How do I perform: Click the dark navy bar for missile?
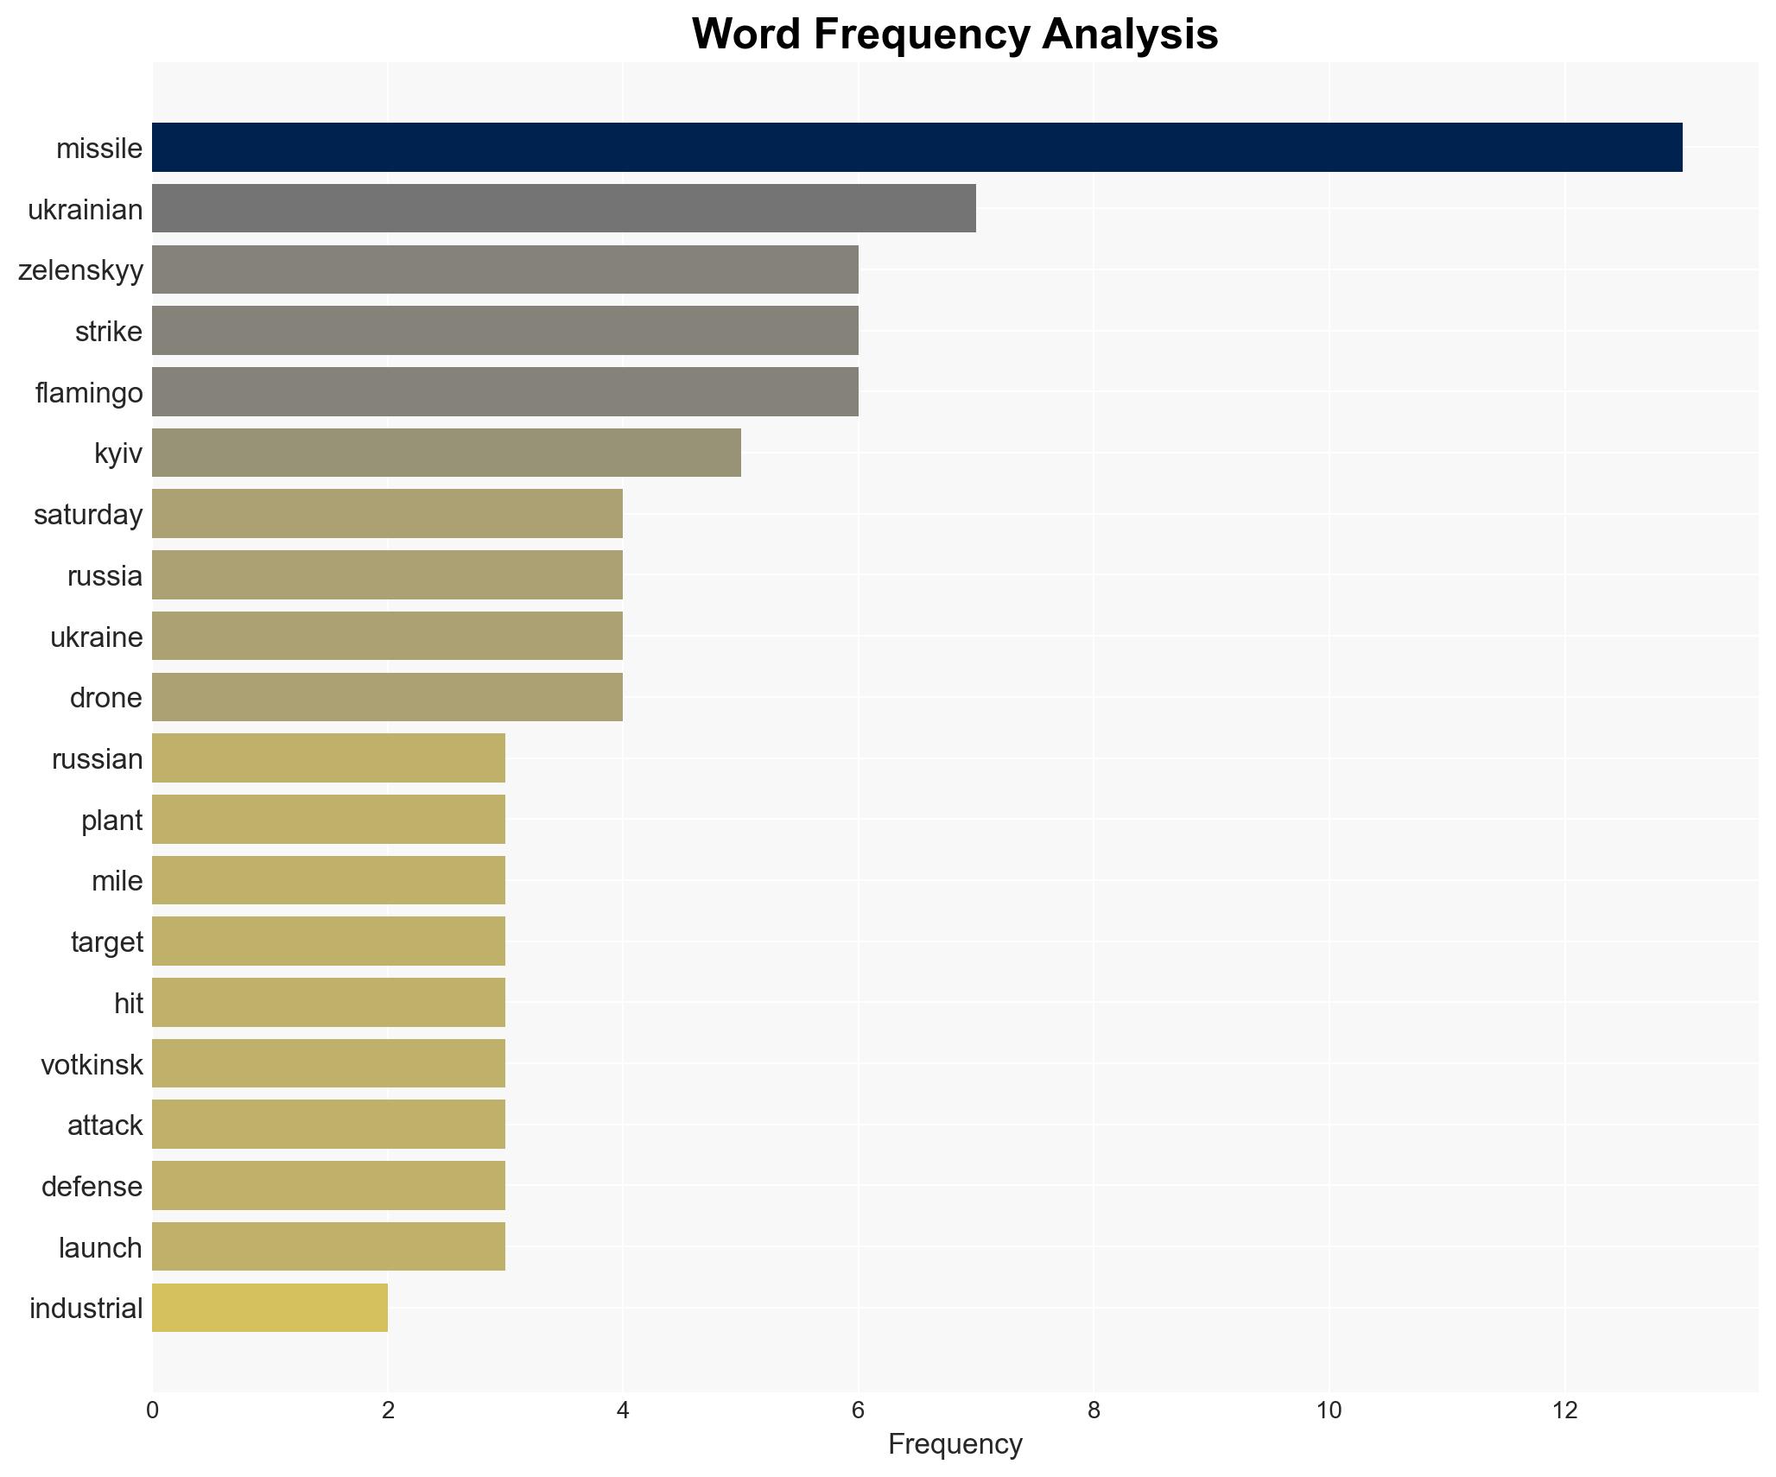[917, 148]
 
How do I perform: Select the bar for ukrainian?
[563, 208]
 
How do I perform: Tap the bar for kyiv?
[446, 453]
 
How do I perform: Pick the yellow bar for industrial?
[270, 1308]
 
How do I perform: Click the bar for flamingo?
[504, 392]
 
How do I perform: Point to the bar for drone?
[387, 697]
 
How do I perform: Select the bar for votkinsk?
[328, 1063]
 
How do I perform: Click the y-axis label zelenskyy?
[80, 270]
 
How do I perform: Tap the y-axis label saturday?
[87, 515]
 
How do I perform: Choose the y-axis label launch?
[100, 1247]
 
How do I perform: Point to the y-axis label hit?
[128, 1003]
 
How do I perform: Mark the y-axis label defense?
[92, 1186]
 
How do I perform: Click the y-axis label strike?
[108, 332]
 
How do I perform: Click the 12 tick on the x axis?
[1564, 1410]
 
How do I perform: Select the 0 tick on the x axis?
[153, 1410]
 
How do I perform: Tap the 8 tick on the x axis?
[1094, 1410]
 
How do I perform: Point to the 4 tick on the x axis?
[623, 1410]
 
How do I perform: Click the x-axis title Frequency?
[955, 1443]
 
